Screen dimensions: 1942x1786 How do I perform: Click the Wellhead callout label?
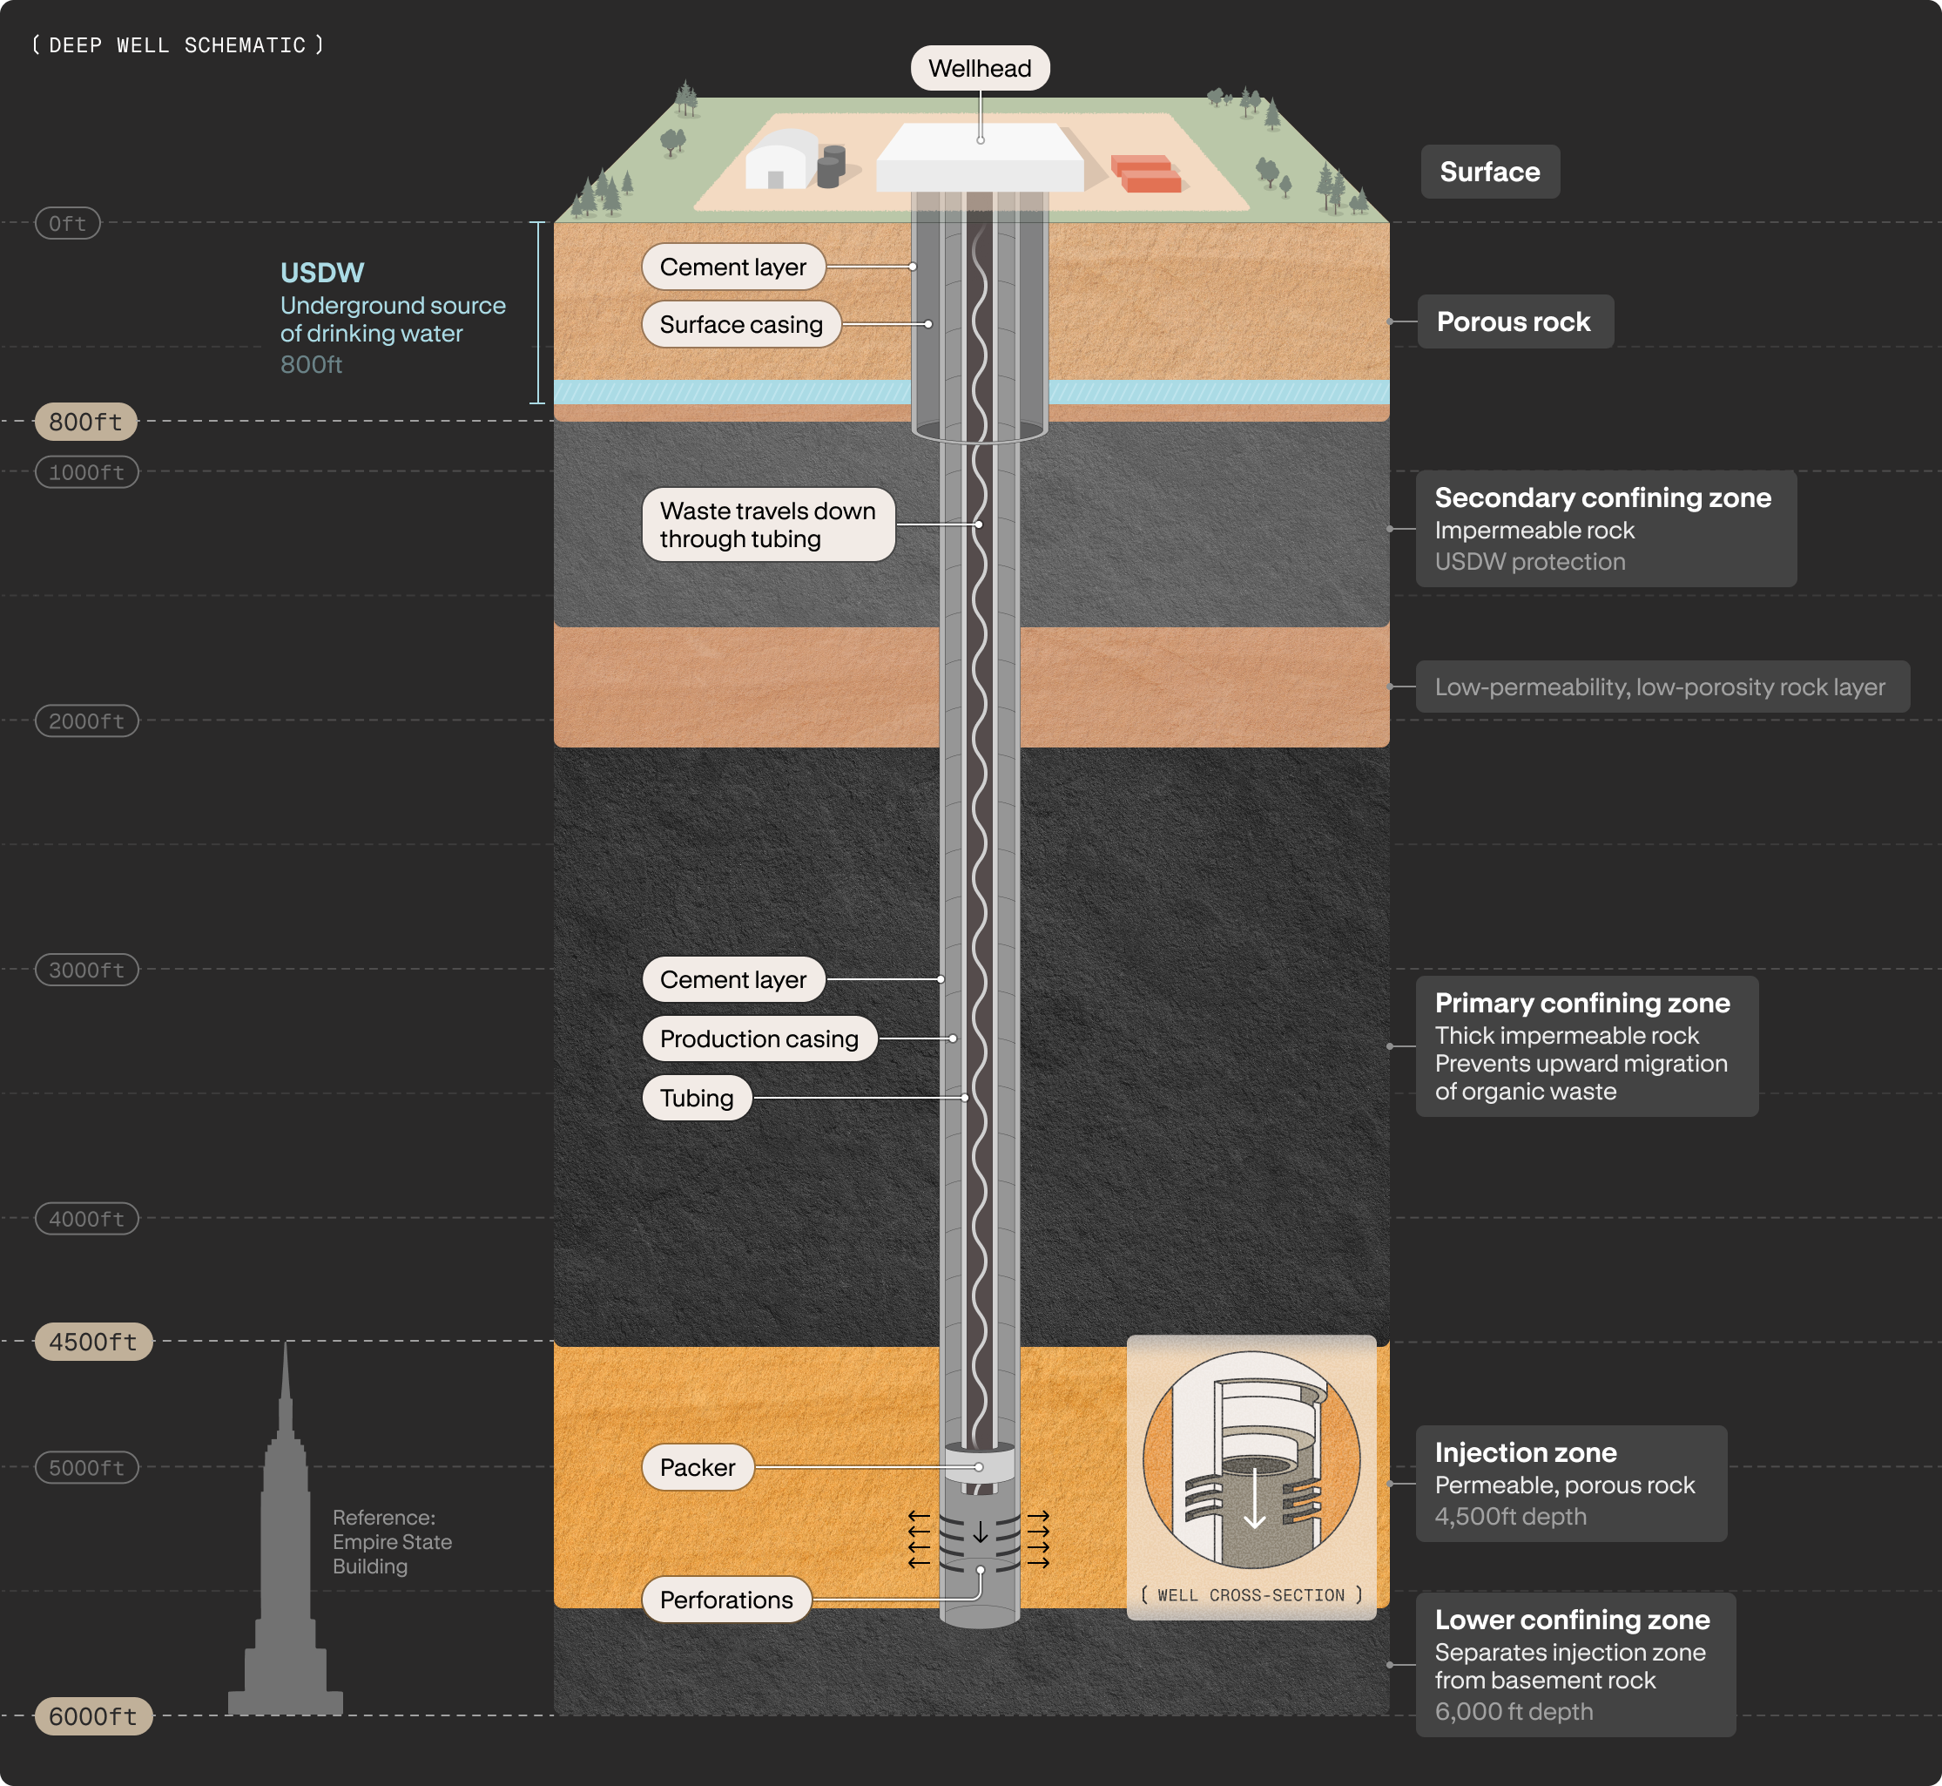point(980,69)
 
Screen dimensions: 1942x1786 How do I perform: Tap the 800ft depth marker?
point(86,422)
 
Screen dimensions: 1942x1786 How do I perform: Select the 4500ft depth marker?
point(94,1342)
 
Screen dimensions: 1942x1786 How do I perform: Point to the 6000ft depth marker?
point(94,1716)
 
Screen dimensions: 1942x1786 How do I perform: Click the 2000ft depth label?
point(87,721)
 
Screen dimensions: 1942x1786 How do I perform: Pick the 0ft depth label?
point(68,223)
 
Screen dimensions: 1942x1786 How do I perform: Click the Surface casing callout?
point(741,325)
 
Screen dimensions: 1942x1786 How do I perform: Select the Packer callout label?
point(698,1467)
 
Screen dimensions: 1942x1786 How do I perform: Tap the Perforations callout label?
point(726,1600)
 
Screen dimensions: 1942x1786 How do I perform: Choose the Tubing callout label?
point(697,1098)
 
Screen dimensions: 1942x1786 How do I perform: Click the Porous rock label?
point(1515,321)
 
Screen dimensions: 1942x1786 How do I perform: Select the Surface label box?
point(1490,172)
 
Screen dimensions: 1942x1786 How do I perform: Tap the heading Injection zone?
point(1526,1452)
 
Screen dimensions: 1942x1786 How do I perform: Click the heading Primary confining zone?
point(1582,1003)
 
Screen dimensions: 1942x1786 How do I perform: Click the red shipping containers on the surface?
point(1146,174)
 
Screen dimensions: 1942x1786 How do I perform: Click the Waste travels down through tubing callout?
point(768,524)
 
